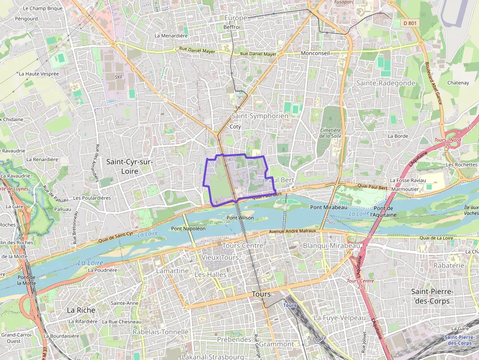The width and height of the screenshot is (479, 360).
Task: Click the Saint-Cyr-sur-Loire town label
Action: (x=129, y=167)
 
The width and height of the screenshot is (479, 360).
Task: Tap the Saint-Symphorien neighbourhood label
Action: (x=260, y=116)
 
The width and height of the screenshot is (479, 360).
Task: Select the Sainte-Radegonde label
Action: (x=385, y=83)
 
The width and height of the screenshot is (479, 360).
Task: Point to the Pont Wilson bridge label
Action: (x=240, y=218)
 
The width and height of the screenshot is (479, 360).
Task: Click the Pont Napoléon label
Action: (x=188, y=228)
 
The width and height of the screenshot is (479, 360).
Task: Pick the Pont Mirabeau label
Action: (x=328, y=208)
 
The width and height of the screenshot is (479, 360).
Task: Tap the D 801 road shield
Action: (x=409, y=23)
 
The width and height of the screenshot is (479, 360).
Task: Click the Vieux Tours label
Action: (x=220, y=257)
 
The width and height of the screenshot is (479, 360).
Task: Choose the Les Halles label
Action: (x=210, y=275)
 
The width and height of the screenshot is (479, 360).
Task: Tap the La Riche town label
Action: (x=81, y=310)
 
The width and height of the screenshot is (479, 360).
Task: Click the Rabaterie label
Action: (x=448, y=265)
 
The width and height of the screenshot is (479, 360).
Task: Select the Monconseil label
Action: (x=315, y=53)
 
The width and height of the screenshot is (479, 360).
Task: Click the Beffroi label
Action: (x=232, y=27)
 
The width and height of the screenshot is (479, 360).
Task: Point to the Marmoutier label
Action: (x=405, y=189)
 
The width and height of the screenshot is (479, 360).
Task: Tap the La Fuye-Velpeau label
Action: (x=339, y=318)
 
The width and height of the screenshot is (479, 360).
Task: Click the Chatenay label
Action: (x=457, y=83)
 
